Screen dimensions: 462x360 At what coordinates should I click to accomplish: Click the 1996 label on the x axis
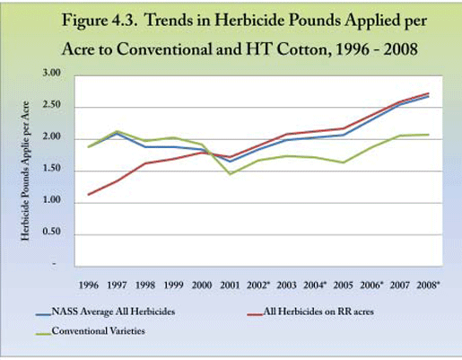pos(89,285)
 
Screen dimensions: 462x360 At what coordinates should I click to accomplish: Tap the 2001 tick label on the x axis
pos(230,285)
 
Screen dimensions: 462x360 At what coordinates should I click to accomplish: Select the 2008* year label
pos(428,285)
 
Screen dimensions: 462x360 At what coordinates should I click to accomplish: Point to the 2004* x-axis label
pos(315,285)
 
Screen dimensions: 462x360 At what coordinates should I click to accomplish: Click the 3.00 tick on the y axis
pos(52,73)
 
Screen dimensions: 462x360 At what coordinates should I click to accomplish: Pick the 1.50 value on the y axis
pos(52,169)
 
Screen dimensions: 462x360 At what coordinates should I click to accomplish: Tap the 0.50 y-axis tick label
pos(52,232)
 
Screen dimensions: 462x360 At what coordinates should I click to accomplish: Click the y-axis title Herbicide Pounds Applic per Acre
pos(25,171)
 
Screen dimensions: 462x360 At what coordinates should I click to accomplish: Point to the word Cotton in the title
pos(302,49)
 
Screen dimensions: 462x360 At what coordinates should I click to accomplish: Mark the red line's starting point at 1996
pos(89,195)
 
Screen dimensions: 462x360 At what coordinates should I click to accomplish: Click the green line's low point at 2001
pos(231,174)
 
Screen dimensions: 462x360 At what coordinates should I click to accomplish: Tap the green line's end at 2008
pos(429,135)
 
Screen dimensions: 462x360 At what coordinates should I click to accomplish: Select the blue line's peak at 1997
pos(117,133)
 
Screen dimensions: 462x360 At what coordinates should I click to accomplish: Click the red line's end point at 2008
pos(429,93)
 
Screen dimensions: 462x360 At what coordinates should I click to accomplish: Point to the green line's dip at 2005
pos(344,162)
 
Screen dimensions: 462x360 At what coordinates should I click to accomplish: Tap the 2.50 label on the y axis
pos(52,105)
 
